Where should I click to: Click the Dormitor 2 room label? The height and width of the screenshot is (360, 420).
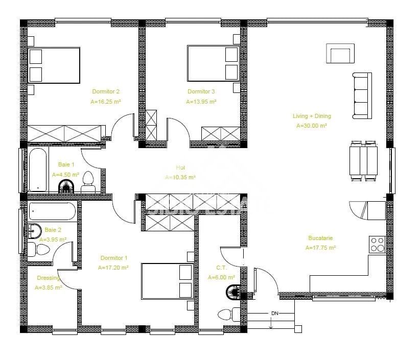[x=106, y=92]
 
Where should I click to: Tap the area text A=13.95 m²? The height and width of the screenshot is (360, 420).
[x=201, y=102]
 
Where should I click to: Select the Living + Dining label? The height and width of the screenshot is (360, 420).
[x=312, y=116]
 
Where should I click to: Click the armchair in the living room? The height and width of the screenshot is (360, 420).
[x=340, y=54]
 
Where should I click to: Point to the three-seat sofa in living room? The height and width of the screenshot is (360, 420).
[x=361, y=95]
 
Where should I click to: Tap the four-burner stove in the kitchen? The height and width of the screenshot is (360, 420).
[x=377, y=245]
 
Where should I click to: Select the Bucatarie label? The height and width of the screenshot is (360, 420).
[x=320, y=238]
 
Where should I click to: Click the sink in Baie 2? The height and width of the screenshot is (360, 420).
[x=34, y=231]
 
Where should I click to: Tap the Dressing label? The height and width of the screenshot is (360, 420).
[x=49, y=278]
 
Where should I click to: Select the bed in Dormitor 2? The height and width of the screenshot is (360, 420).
[x=54, y=65]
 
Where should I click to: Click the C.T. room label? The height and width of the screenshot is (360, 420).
[x=221, y=268]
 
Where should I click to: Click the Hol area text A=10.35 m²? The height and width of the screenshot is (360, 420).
[x=180, y=178]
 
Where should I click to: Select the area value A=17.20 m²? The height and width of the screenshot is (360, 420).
[x=113, y=267]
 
